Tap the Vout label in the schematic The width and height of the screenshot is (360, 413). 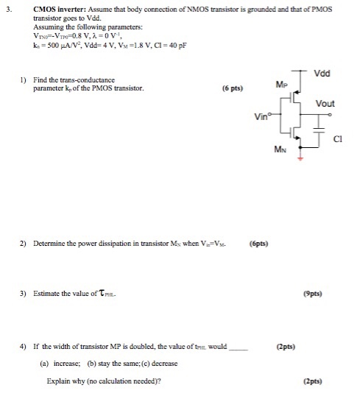click(325, 103)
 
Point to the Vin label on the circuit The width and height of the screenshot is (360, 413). click(261, 116)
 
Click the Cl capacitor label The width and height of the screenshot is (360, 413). click(339, 138)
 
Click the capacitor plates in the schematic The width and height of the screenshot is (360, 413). click(319, 131)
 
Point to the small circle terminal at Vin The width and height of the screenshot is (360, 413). click(272, 115)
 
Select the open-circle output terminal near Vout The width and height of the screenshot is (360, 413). click(329, 115)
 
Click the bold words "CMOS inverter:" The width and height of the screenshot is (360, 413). click(58, 10)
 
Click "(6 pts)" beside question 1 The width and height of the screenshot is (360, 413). click(233, 88)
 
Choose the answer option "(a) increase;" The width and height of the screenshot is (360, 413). click(61, 363)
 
